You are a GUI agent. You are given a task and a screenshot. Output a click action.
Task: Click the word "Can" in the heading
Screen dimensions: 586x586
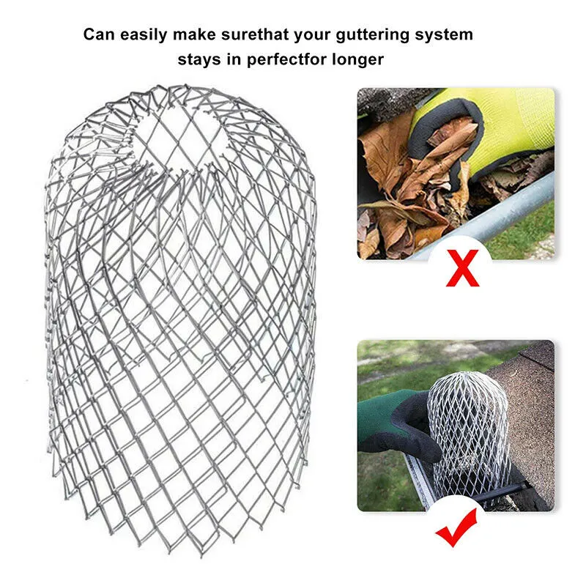(x=100, y=34)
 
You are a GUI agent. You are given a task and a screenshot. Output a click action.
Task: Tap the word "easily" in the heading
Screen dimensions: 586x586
(x=144, y=35)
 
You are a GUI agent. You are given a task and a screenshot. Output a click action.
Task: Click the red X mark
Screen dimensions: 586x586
(x=462, y=268)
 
